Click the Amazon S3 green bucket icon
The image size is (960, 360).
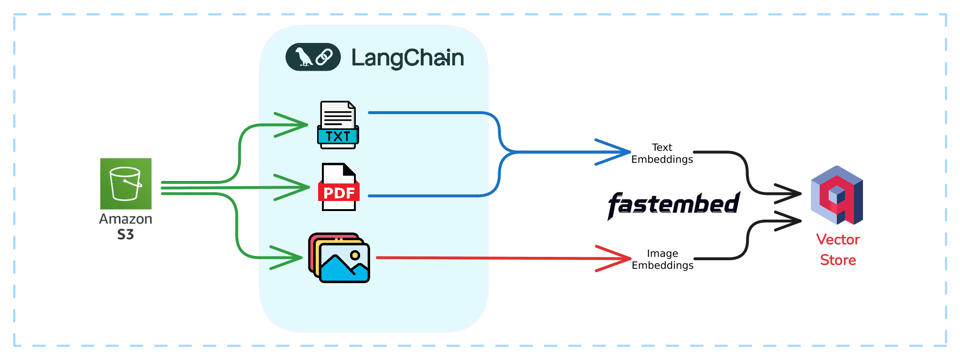tap(126, 184)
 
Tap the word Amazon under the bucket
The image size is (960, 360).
tap(126, 219)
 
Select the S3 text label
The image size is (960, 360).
tap(126, 234)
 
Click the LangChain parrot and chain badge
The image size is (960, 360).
tap(313, 57)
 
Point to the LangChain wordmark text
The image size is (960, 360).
tap(407, 58)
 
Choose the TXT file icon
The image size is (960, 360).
tap(338, 125)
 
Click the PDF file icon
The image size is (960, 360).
tap(339, 187)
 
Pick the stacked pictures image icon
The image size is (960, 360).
tap(339, 258)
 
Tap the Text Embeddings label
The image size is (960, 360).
tap(662, 153)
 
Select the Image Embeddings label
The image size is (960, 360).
tap(662, 259)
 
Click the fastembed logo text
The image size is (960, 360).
tap(673, 204)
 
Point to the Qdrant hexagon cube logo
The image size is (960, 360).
tap(837, 195)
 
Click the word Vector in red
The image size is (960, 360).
tap(838, 239)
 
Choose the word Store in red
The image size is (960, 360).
tap(838, 260)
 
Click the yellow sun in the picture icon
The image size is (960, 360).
tap(355, 255)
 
